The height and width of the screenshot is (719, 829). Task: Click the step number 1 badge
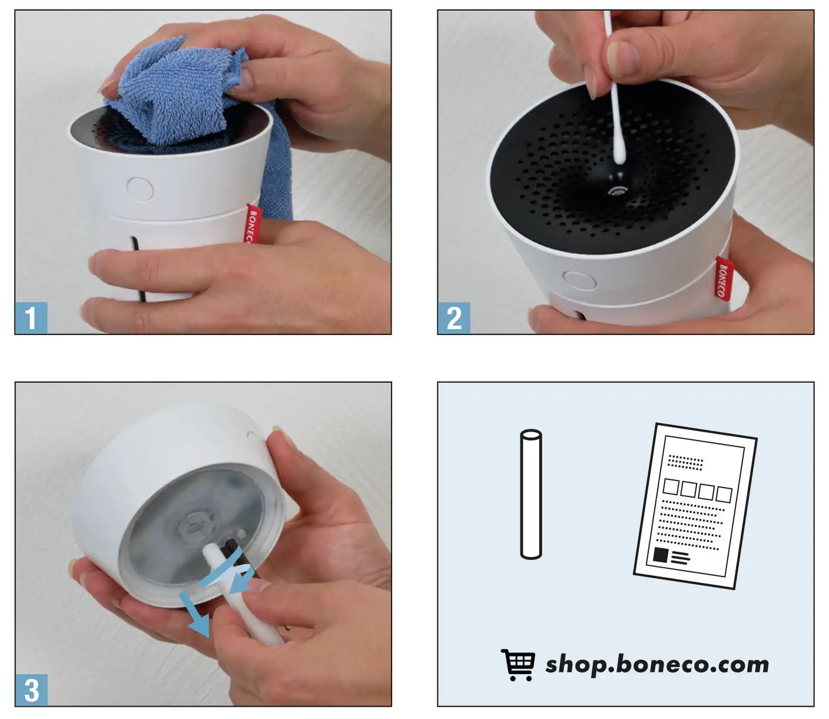tap(31, 319)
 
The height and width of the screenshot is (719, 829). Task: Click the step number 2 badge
tap(454, 319)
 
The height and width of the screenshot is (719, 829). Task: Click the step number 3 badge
tap(31, 690)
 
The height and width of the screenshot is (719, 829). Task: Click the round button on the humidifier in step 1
tap(140, 189)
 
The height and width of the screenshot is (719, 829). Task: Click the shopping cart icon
tap(518, 665)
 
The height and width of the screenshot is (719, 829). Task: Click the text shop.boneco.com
tap(656, 664)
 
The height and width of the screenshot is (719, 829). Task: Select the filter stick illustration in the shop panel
tap(530, 494)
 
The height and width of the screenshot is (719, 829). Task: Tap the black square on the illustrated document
tap(661, 555)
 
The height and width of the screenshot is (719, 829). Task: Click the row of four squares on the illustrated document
tap(697, 490)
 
